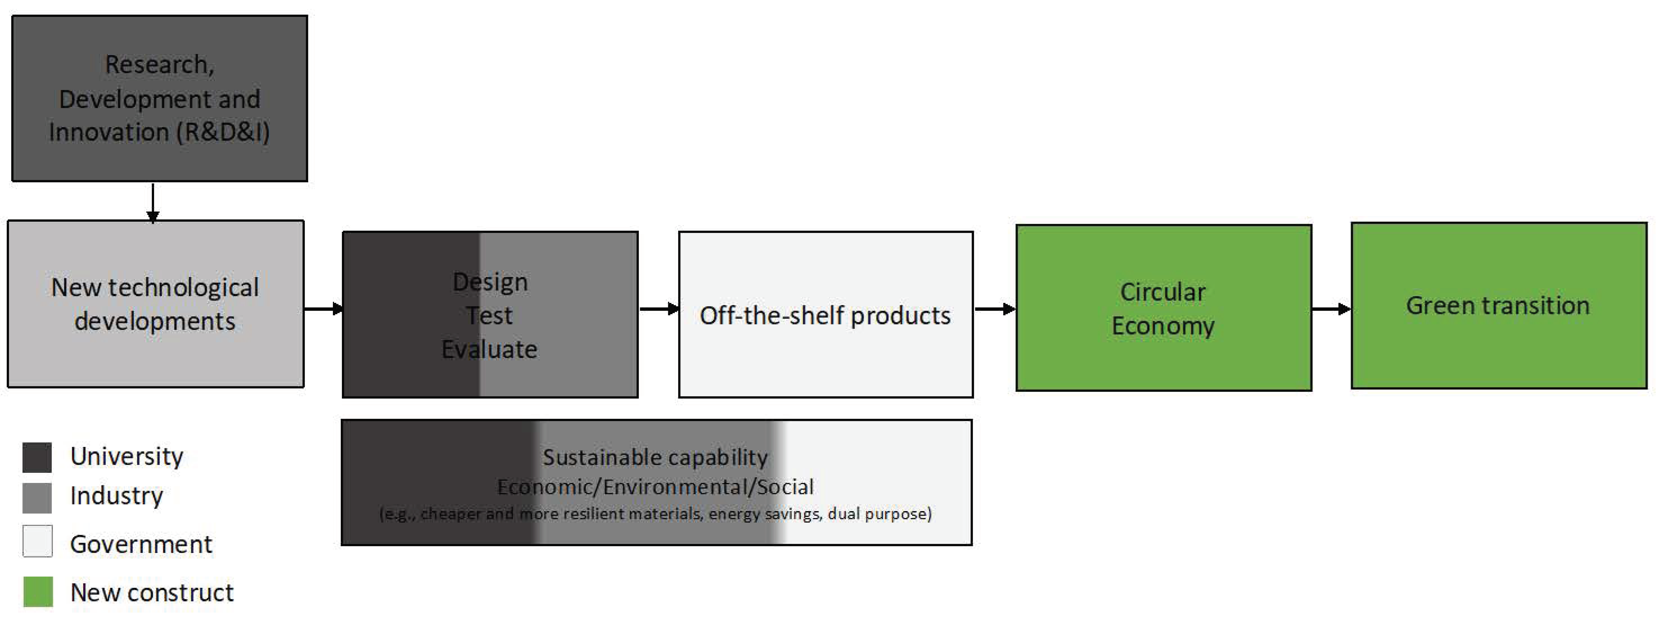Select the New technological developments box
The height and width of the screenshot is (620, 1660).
(155, 303)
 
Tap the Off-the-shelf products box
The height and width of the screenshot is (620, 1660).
(825, 314)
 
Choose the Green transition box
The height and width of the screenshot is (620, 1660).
(1498, 306)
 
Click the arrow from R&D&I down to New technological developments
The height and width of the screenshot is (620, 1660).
(153, 202)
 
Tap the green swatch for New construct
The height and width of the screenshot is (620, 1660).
(38, 592)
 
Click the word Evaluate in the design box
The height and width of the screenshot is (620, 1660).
(489, 349)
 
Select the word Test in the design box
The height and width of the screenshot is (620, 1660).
(489, 316)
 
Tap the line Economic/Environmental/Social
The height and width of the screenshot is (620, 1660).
(655, 487)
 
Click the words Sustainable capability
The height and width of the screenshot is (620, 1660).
(655, 457)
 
